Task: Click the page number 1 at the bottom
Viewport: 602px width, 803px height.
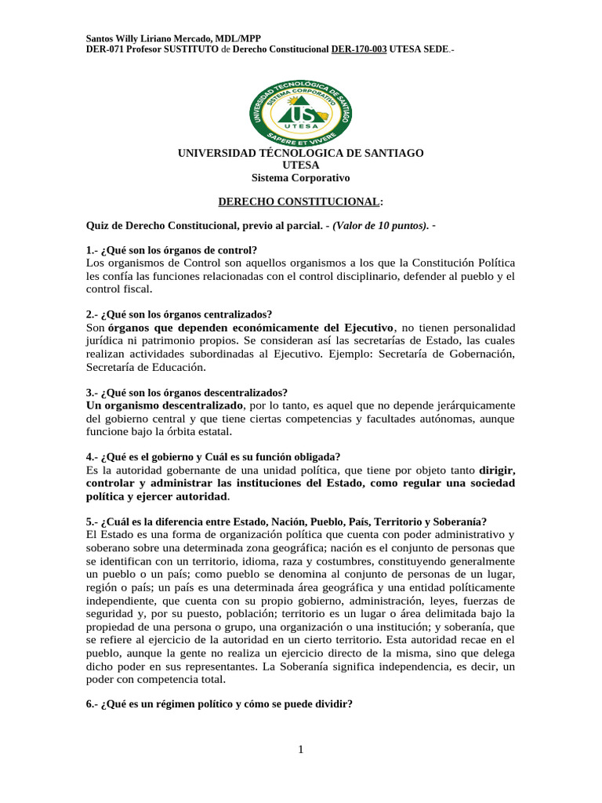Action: [x=300, y=750]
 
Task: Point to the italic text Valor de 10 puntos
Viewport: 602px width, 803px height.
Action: [x=379, y=226]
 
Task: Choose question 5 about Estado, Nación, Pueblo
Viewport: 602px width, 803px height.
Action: [x=286, y=521]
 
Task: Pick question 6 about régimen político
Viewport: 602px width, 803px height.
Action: [x=219, y=704]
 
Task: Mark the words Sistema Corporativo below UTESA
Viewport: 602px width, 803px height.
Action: [x=300, y=178]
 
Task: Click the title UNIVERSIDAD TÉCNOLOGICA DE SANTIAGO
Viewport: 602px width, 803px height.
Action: [x=301, y=153]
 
